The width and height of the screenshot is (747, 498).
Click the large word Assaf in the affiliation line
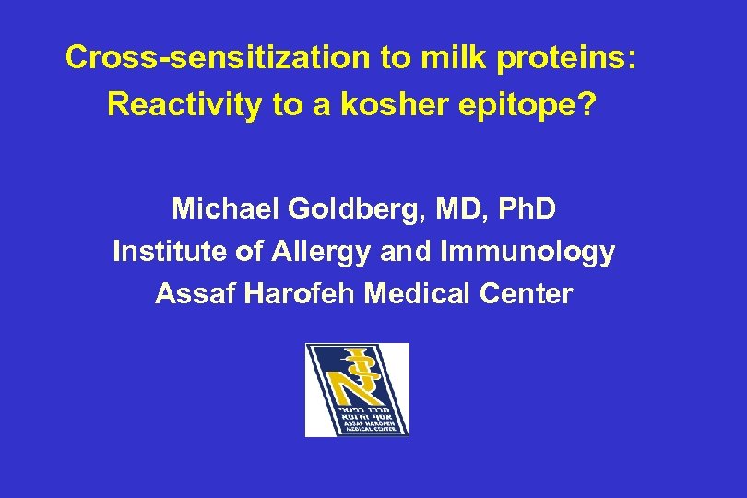click(189, 294)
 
